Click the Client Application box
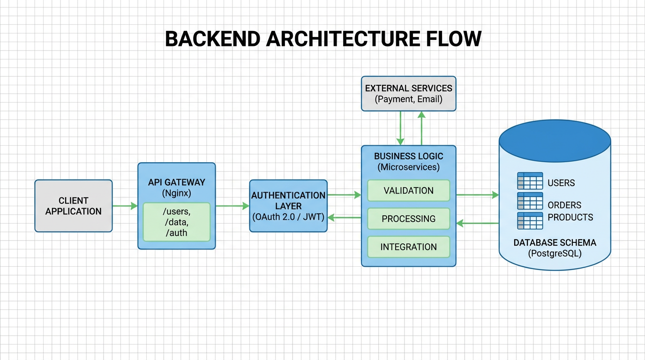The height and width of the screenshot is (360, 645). click(x=74, y=206)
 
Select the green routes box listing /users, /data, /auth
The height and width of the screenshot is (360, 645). click(x=176, y=222)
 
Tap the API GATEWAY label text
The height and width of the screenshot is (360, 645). click(x=176, y=182)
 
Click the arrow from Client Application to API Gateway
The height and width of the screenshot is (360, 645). click(x=125, y=206)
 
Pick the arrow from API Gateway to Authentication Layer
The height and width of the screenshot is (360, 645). click(x=232, y=206)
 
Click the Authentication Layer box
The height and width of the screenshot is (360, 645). click(x=288, y=206)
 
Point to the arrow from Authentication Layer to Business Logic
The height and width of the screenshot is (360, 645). click(x=344, y=195)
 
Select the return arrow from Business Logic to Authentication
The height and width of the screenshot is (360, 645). click(x=344, y=217)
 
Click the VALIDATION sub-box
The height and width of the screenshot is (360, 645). click(x=408, y=191)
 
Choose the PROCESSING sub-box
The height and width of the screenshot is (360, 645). click(x=408, y=219)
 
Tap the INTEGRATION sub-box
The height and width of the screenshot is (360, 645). click(x=408, y=247)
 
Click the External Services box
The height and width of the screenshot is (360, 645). click(x=408, y=94)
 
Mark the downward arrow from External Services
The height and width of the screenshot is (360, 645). click(x=400, y=128)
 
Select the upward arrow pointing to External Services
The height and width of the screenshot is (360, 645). click(x=421, y=128)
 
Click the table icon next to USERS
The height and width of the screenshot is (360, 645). click(x=530, y=181)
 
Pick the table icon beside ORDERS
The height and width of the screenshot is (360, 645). click(x=530, y=201)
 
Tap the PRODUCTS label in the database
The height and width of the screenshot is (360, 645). click(x=570, y=217)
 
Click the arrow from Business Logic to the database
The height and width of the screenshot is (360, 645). click(x=477, y=195)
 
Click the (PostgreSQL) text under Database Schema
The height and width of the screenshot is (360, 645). click(x=555, y=254)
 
